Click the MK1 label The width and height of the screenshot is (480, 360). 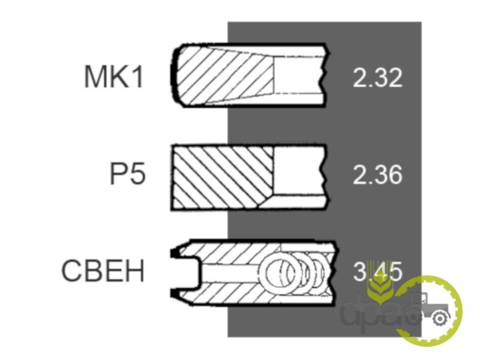coord(113,77)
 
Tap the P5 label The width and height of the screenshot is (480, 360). coord(128,174)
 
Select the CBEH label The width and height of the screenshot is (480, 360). coord(103,271)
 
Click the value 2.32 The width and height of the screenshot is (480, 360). coord(377,78)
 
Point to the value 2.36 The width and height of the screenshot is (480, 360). coord(377,175)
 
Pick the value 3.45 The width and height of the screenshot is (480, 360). coord(377,271)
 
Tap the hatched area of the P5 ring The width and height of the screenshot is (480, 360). coord(223,177)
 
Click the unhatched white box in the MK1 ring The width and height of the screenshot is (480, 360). coord(298,75)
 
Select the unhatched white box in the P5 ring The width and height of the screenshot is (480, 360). coord(298,171)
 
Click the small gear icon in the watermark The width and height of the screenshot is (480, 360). coord(440,319)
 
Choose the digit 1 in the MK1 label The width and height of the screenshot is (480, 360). coord(138,77)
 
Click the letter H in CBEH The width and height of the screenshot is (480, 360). coord(135,271)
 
